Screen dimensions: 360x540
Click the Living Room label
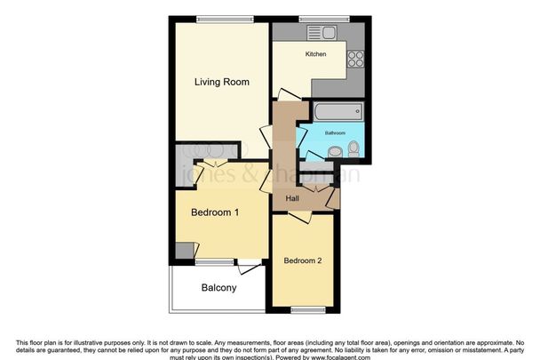[x=221, y=82]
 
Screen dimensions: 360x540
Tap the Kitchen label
[x=315, y=55]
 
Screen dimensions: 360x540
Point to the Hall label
[x=291, y=197]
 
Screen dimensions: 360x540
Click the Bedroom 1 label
[x=215, y=212]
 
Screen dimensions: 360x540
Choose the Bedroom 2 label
[x=302, y=260]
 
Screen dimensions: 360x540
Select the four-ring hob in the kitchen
[x=357, y=59]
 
